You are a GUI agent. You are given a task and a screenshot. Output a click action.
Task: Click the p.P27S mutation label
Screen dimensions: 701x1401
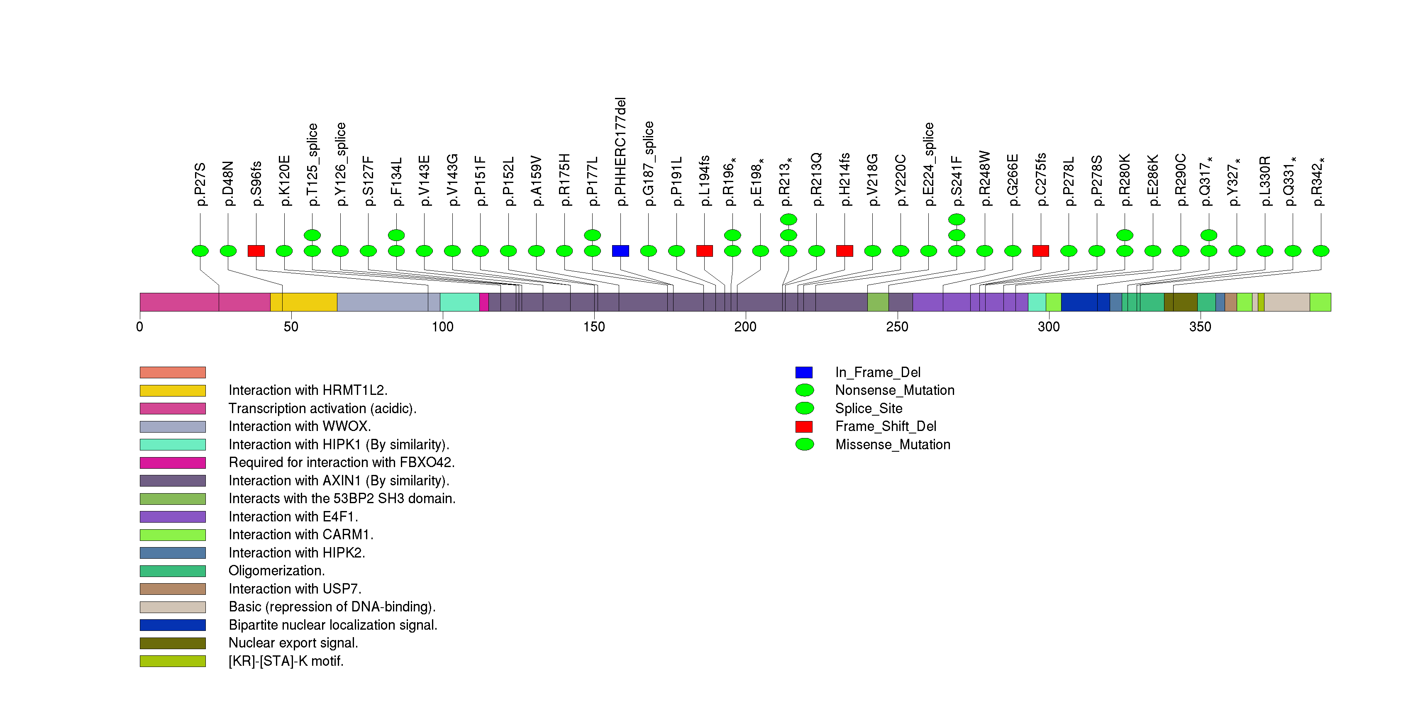pos(200,184)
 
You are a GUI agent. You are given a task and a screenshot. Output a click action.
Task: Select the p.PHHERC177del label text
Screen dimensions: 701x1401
pos(620,152)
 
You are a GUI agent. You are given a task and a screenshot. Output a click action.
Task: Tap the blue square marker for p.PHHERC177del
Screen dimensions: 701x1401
pos(620,251)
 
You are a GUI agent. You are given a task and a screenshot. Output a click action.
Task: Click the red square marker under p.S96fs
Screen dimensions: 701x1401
pos(256,251)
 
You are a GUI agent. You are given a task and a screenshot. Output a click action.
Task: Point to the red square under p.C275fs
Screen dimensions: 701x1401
pos(1040,251)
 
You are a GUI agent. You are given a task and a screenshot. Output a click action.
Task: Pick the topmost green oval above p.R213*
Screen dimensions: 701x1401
pos(788,219)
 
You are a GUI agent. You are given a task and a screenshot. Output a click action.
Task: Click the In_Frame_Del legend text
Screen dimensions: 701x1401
pos(877,372)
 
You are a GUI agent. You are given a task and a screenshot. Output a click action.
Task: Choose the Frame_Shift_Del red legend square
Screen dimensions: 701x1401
pos(804,426)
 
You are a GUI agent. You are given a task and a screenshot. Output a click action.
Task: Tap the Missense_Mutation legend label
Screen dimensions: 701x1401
pos(893,445)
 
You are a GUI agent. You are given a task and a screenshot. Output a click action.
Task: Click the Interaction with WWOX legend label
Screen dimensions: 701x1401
pos(300,426)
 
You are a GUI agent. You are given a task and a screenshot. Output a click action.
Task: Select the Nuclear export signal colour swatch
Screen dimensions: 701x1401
pos(172,643)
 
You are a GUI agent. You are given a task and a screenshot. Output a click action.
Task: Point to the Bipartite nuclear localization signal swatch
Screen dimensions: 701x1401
pos(172,625)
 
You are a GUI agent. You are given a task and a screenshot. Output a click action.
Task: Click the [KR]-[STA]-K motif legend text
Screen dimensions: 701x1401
pos(286,661)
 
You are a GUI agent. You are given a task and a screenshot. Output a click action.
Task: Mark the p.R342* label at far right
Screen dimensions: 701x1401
pos(1320,182)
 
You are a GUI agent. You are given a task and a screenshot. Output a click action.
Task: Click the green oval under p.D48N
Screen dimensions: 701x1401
pos(228,251)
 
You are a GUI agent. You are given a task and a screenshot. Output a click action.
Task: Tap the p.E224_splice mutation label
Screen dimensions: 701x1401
pos(928,164)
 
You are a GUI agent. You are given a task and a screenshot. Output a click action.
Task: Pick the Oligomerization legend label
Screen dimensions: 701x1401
pos(276,571)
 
